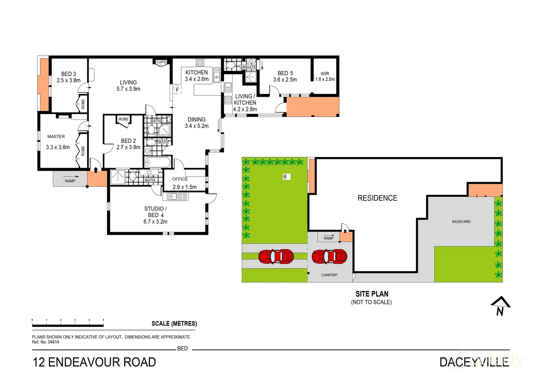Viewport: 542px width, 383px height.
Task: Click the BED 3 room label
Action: coord(68,74)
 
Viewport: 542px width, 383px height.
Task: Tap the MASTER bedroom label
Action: coord(56,137)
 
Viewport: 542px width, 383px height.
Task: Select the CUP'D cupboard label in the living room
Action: coord(161,62)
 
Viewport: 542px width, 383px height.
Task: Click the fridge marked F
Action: coord(177,90)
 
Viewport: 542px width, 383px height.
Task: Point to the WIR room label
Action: coord(325,74)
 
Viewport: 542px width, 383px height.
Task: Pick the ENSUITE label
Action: coord(248,67)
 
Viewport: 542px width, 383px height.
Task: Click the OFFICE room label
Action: coord(180,179)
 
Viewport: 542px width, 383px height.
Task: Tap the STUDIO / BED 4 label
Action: coord(155,212)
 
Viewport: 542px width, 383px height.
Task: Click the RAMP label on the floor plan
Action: coord(70,181)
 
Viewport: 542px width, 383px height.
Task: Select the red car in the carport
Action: coord(329,257)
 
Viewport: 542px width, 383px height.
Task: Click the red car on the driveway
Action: coord(276,257)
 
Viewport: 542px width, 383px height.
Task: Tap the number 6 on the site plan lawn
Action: coord(285,177)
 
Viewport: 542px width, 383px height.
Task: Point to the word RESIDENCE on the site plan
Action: coord(377,198)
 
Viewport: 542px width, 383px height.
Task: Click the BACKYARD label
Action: coord(461,222)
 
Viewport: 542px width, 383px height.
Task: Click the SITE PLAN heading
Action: coord(372,294)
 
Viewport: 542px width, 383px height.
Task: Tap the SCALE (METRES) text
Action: coord(174,323)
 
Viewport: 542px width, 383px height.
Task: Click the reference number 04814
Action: coord(53,342)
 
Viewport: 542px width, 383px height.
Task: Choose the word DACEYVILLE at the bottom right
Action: coord(474,362)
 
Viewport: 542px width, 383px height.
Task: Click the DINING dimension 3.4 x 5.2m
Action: coord(197,126)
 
